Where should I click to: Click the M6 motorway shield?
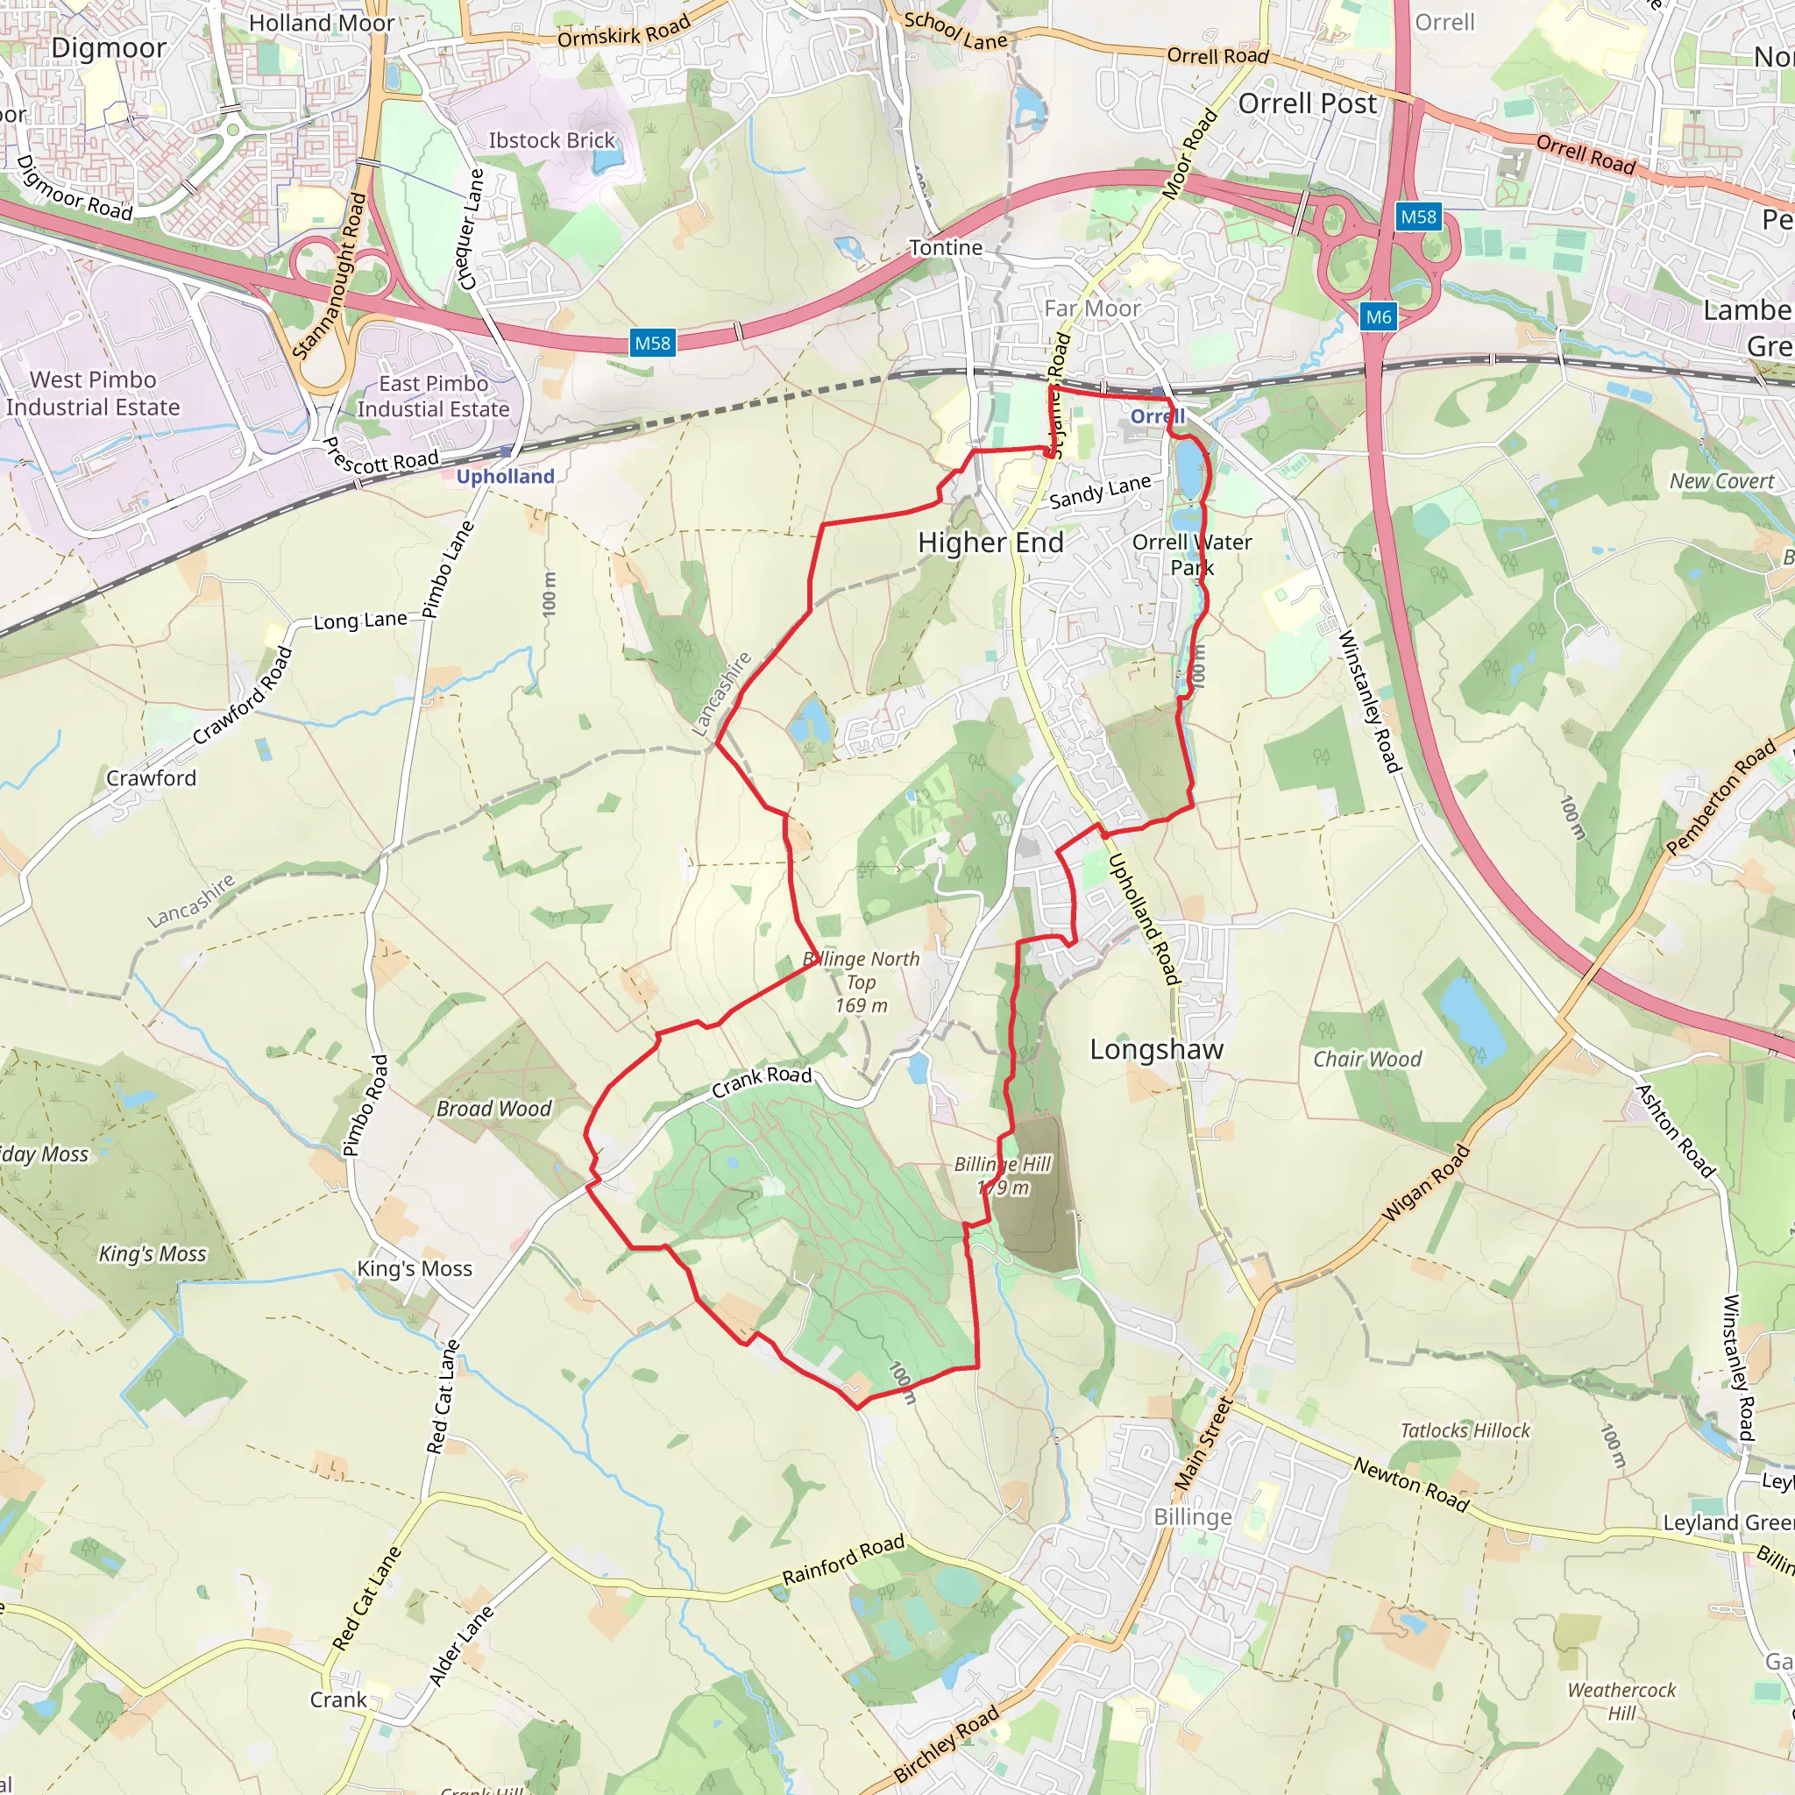1379,316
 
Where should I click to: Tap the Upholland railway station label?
506,477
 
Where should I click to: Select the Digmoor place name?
109,48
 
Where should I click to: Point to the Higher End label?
990,543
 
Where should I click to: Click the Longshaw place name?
1157,1050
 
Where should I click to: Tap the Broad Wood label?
493,1109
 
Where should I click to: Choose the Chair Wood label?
1366,1059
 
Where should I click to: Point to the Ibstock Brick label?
552,140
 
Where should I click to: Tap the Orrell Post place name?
1307,103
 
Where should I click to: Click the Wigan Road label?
1425,1182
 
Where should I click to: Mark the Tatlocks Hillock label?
1465,1430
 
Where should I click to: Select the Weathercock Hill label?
1621,1702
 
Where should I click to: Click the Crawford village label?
152,777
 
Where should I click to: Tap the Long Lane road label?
360,621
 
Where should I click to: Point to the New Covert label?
1721,481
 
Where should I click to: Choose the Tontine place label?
945,248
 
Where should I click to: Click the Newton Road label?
1411,1484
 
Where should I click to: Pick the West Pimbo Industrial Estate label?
93,393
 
